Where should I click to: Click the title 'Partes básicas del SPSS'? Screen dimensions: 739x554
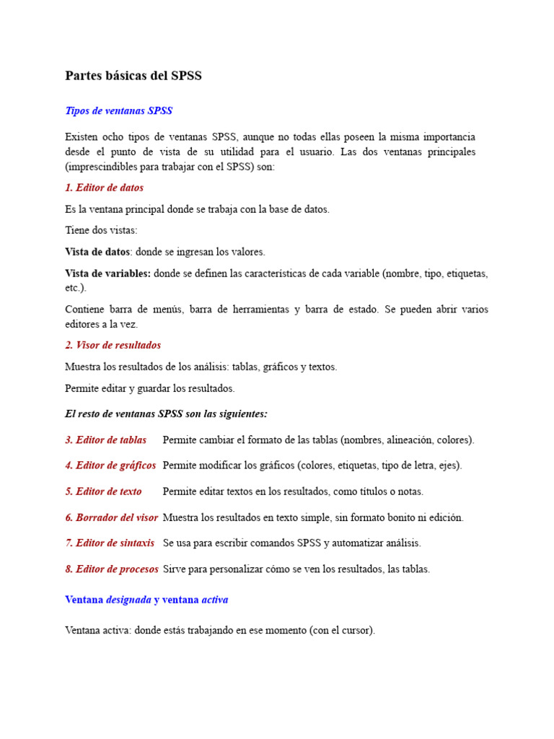coord(133,76)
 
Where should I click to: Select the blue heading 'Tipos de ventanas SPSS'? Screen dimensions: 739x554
coord(119,111)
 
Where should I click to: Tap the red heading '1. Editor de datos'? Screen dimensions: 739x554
coord(104,188)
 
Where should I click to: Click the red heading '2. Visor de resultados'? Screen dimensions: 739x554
coord(113,345)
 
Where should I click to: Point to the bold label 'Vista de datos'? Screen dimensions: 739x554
coord(97,252)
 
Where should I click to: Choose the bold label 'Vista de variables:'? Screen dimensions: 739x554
coord(107,274)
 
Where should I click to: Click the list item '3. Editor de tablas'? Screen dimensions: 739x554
coord(105,440)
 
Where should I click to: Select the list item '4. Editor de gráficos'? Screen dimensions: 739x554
coord(110,465)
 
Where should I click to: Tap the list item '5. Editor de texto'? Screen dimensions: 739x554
coord(103,491)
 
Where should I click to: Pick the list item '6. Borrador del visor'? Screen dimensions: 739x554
coord(111,517)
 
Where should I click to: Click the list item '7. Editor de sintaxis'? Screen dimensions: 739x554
coord(110,543)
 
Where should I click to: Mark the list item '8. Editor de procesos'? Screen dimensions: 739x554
coord(112,569)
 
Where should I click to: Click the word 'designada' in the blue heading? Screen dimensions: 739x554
coord(128,600)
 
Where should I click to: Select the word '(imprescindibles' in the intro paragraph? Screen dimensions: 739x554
coord(99,166)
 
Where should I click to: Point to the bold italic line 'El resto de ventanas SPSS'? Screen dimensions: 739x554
coord(166,414)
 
